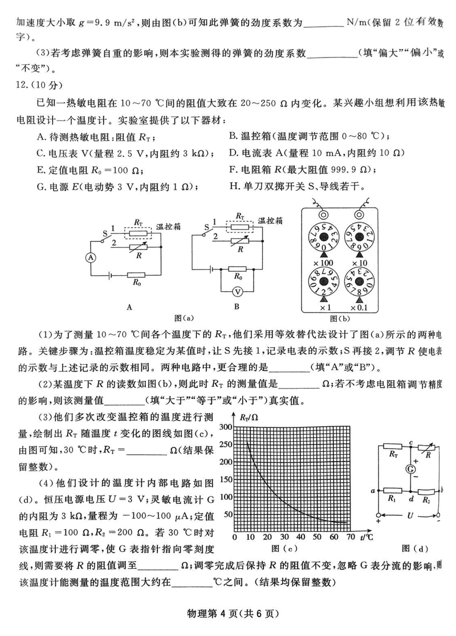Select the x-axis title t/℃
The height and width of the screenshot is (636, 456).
(x=366, y=537)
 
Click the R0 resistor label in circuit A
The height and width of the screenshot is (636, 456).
(x=137, y=282)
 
